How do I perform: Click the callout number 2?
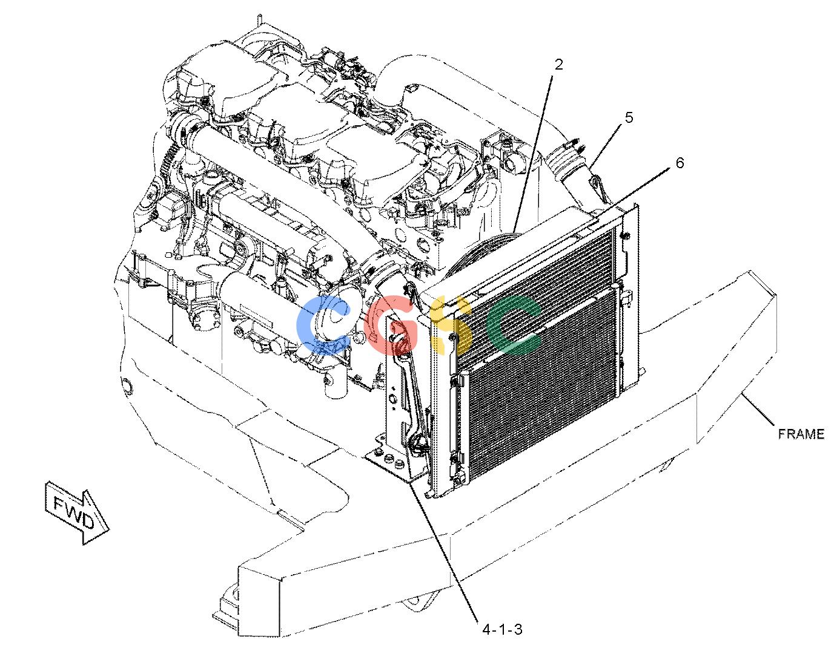558,65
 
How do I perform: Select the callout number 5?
629,117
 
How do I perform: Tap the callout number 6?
680,163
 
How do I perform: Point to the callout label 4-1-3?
502,630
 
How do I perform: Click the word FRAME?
801,434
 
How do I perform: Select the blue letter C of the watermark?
323,325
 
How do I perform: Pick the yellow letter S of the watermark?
451,325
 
